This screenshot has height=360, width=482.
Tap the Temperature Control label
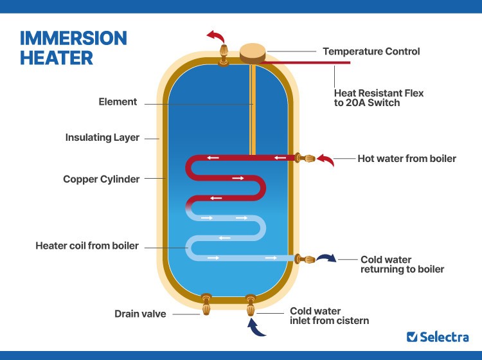pos(371,51)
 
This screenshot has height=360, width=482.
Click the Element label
pos(118,102)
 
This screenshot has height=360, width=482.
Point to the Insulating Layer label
pos(102,138)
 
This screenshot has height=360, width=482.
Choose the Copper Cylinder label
pos(101,179)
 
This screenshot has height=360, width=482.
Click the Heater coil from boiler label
pos(87,246)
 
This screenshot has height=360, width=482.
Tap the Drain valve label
pos(140,314)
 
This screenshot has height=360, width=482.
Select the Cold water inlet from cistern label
pos(329,315)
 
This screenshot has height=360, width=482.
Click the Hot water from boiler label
pos(407,158)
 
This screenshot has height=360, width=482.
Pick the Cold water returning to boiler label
pos(402,264)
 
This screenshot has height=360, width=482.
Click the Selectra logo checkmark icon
pos(412,336)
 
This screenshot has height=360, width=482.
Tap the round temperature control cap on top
pos(254,52)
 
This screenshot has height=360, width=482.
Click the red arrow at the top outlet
pos(214,36)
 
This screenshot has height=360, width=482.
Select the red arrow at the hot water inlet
pos(327,159)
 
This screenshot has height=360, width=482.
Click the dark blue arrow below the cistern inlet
pos(255,329)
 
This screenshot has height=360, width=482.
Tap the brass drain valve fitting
pos(206,305)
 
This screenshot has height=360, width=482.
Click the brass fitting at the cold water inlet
pos(251,305)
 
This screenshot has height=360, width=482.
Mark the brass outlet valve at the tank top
pos(224,54)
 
